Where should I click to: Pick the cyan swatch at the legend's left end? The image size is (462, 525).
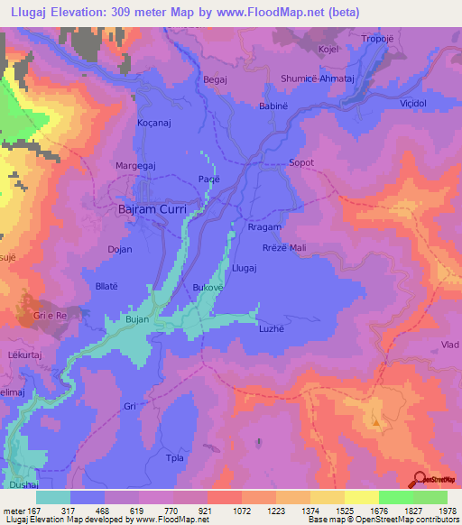tap(53, 497)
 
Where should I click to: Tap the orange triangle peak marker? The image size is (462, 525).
tap(375, 421)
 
